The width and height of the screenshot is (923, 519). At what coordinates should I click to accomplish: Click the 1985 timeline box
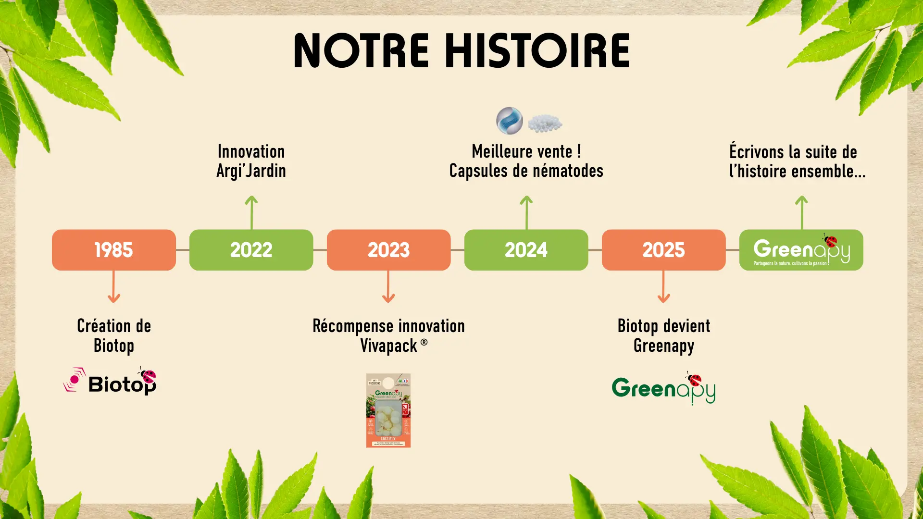114,250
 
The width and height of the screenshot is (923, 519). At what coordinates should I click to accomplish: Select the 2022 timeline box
251,250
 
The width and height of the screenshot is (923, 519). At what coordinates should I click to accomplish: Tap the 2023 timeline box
388,250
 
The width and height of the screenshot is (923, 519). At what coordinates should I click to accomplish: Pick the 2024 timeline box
526,250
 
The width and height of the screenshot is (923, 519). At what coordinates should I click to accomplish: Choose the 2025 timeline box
663,250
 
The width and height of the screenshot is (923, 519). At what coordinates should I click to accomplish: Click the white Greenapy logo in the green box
801,250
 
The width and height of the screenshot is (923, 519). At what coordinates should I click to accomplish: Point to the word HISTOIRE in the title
537,51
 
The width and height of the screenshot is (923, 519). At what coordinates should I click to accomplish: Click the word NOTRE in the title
361,51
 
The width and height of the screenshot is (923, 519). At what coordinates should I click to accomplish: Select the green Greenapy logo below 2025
663,388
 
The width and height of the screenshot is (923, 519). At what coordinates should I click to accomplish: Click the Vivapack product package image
388,410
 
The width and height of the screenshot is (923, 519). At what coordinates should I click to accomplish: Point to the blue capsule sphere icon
510,121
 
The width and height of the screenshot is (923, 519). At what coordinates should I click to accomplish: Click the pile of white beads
545,123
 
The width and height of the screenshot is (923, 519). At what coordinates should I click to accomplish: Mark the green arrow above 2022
251,212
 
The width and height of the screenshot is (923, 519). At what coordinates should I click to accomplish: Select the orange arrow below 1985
114,286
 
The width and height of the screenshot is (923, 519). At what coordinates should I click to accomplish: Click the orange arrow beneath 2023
388,286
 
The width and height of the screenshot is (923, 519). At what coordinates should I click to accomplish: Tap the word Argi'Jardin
251,171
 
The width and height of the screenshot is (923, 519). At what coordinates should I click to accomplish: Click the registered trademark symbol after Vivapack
424,343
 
